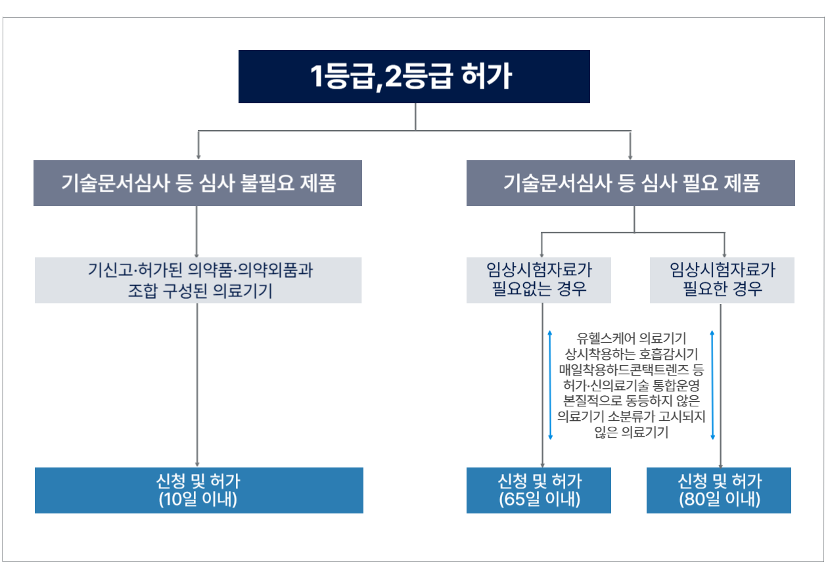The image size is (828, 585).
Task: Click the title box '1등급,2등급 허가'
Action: point(414,77)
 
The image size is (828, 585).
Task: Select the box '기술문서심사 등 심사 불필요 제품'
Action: point(198,183)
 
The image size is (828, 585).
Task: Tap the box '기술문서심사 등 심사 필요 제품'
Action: point(630,183)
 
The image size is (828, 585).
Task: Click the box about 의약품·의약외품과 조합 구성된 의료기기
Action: point(198,280)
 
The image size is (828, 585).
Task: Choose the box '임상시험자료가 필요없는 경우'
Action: point(539,280)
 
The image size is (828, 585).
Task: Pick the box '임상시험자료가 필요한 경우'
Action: point(722,280)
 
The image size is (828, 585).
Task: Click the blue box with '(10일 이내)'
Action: point(198,490)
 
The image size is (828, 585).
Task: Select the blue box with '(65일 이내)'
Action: point(539,490)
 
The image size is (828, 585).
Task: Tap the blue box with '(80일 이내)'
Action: point(719,490)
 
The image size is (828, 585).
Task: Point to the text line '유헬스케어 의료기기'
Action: point(631,338)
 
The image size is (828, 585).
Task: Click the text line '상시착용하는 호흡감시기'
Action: point(631,354)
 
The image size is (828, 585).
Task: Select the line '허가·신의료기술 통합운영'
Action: point(631,385)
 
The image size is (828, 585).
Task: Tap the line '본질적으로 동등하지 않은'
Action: point(631,401)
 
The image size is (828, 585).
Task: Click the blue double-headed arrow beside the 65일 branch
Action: point(550,385)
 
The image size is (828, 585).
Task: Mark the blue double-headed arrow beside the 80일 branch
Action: point(712,385)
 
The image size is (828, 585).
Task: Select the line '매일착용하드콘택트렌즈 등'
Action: point(631,370)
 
